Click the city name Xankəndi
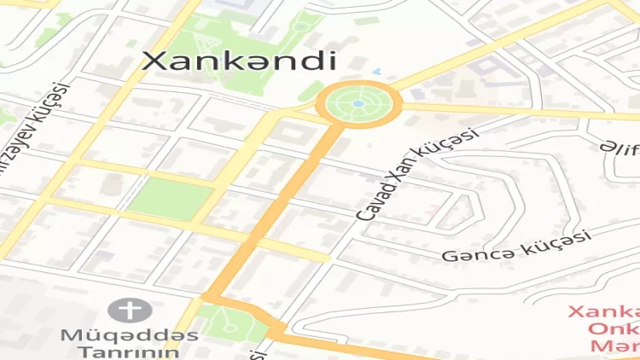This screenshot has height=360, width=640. pyautogui.click(x=238, y=60)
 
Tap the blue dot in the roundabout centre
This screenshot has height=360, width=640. pyautogui.click(x=358, y=104)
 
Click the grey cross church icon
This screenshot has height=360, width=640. pyautogui.click(x=129, y=310)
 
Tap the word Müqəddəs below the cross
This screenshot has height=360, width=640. pyautogui.click(x=129, y=334)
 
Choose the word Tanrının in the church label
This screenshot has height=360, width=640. pyautogui.click(x=129, y=351)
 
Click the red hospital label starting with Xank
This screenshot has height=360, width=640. pyautogui.click(x=602, y=312)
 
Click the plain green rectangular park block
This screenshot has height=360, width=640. pyautogui.click(x=170, y=198)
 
